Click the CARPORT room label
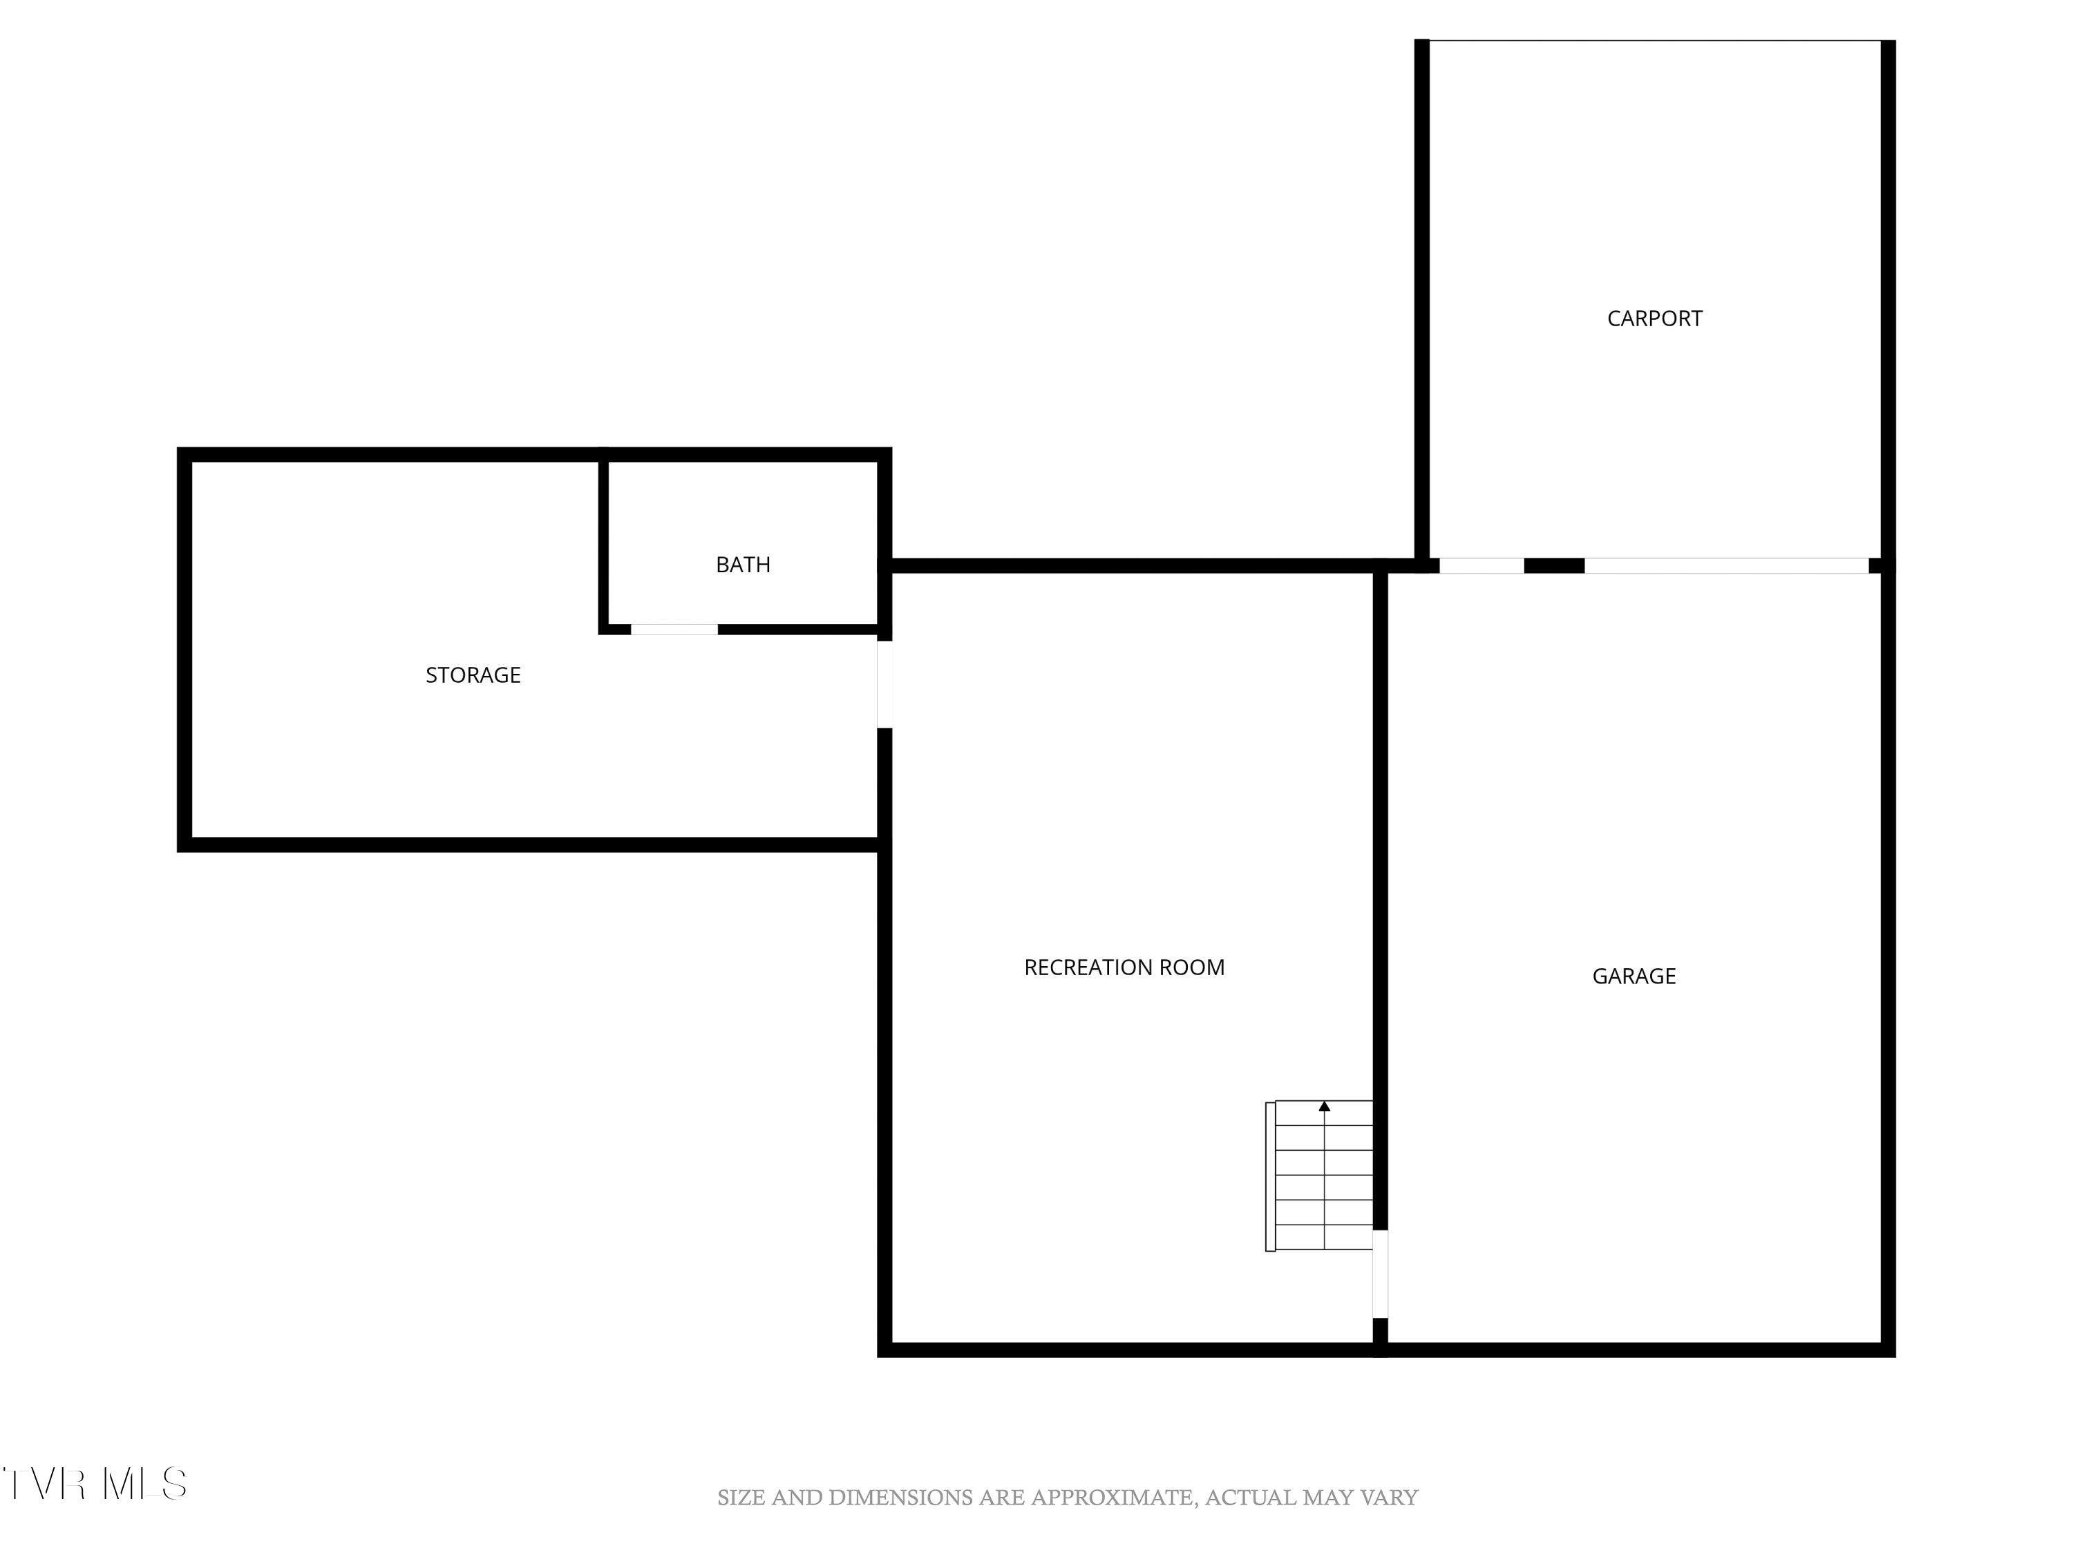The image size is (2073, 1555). tap(1654, 319)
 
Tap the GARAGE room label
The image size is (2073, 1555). tap(1634, 977)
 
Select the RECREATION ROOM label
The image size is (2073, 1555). tap(1124, 968)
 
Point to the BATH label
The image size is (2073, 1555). tap(743, 564)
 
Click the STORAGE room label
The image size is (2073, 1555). tap(473, 675)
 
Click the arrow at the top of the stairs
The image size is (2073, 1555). tap(1324, 1107)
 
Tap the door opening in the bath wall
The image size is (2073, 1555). tap(674, 629)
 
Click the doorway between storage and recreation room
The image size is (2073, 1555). tap(884, 684)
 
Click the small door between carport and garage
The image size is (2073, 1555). tap(1481, 565)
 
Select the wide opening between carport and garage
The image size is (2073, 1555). tap(1725, 565)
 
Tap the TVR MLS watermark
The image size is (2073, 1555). tap(95, 1484)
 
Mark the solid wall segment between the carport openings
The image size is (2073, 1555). tap(1554, 565)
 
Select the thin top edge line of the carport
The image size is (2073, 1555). tap(1654, 40)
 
